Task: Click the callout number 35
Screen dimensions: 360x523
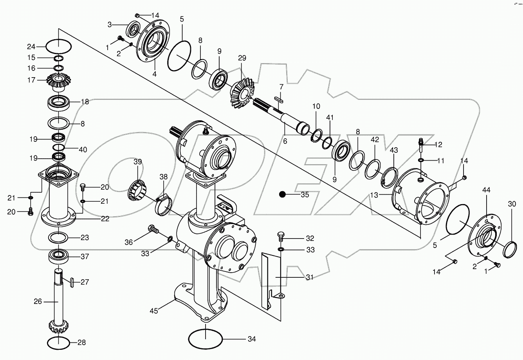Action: point(305,194)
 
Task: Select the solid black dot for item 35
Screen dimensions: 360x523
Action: point(282,194)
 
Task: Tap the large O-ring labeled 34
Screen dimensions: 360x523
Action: point(205,338)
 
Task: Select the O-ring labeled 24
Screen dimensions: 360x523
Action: point(59,47)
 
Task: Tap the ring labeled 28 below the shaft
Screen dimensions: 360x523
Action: point(59,343)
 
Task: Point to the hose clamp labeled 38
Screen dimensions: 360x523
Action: point(164,204)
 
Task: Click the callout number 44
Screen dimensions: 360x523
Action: point(486,190)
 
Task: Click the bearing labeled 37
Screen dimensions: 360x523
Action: point(58,257)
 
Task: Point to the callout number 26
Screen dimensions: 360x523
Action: point(37,302)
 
